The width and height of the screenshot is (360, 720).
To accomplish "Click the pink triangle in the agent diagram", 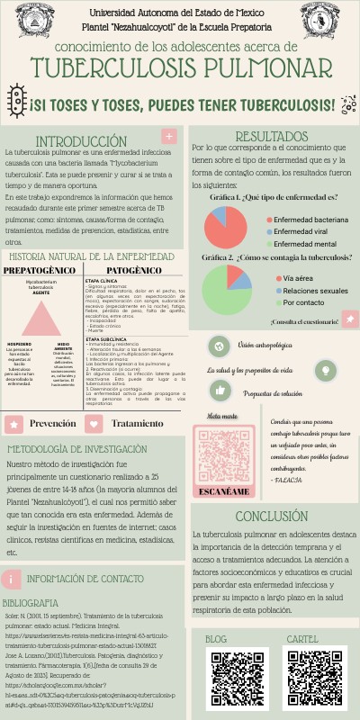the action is pos(42,317).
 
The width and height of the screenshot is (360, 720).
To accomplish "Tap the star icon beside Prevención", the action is pos(14,423).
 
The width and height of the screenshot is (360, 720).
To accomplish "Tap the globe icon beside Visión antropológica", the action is pos(217,346).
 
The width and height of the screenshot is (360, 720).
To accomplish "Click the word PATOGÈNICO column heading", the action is pos(128,270).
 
